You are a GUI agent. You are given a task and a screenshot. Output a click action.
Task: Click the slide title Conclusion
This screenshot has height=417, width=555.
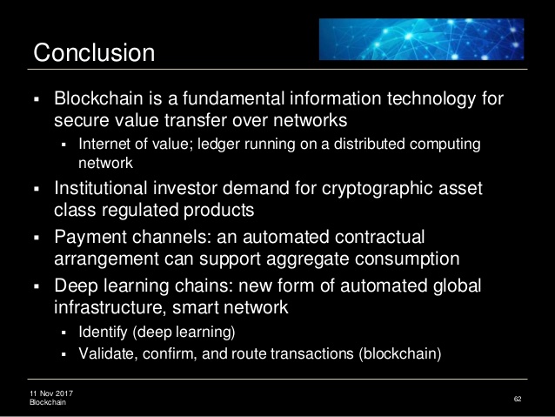[x=94, y=52]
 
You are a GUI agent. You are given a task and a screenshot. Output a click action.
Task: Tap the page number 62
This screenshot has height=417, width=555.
[x=517, y=399]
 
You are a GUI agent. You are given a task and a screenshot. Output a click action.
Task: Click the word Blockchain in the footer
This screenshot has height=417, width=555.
[x=47, y=403]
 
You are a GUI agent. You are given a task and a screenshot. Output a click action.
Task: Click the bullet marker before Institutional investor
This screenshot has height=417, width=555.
[x=37, y=189]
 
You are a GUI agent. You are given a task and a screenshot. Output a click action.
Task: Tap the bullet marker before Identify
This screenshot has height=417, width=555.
[x=64, y=333]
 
